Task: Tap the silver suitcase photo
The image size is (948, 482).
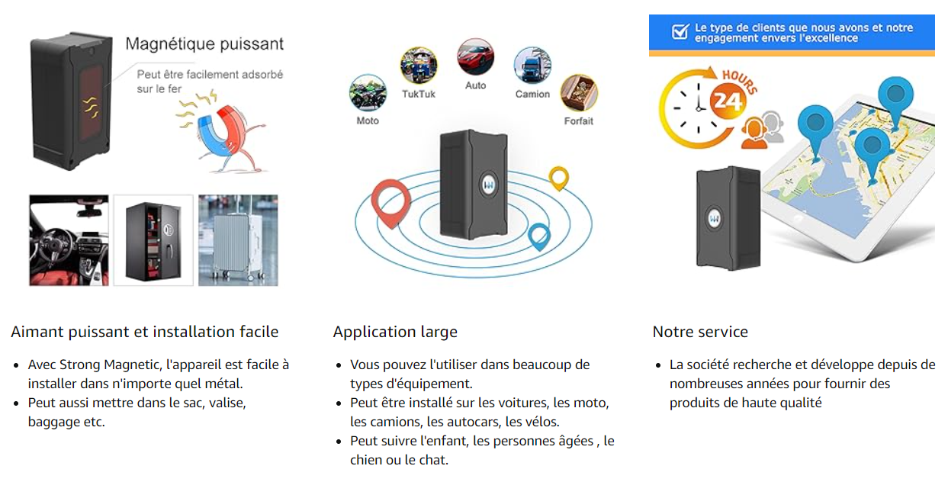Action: (x=238, y=240)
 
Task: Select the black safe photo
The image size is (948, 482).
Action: (x=153, y=240)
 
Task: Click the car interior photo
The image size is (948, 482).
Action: (x=69, y=240)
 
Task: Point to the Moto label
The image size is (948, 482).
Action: (x=368, y=120)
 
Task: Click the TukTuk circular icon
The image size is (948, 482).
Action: (x=419, y=66)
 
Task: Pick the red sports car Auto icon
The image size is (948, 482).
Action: (x=475, y=58)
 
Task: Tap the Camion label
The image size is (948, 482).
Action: (x=532, y=94)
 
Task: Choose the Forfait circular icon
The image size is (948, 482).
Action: (x=579, y=93)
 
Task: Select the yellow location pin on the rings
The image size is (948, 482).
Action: (x=559, y=178)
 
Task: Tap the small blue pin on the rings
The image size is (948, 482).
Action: (x=539, y=236)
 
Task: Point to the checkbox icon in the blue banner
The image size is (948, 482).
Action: (x=680, y=31)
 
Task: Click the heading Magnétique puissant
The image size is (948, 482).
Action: (x=204, y=43)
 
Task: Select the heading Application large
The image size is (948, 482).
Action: (x=395, y=332)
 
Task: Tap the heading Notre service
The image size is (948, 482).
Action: (x=699, y=332)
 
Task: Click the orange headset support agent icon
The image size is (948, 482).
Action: (x=765, y=127)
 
